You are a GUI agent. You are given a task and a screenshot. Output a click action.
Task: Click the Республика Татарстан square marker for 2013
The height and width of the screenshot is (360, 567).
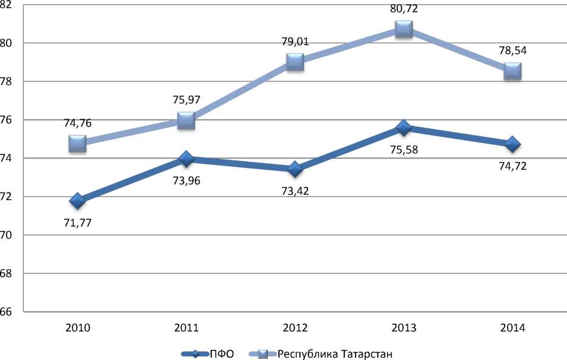click(x=404, y=29)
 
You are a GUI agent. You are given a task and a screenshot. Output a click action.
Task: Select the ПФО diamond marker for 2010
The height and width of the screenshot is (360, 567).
click(x=77, y=201)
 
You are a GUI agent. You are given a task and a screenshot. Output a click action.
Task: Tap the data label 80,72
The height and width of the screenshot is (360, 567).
click(x=404, y=8)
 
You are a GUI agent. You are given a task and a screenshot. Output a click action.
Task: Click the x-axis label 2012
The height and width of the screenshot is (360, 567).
click(x=295, y=328)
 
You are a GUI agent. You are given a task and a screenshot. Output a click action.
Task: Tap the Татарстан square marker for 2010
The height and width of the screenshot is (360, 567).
click(x=77, y=143)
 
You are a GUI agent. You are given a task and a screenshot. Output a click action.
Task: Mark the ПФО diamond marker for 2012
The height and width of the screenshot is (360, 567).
click(x=295, y=169)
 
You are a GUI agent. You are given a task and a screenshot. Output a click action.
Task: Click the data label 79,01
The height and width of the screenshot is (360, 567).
click(x=295, y=42)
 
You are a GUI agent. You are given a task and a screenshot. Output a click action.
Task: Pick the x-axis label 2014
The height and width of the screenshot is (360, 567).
click(x=512, y=328)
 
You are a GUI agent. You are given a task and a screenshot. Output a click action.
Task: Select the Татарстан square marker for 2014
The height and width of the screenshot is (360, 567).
click(x=512, y=71)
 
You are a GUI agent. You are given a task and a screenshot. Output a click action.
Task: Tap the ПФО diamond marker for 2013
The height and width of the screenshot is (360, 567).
click(x=404, y=128)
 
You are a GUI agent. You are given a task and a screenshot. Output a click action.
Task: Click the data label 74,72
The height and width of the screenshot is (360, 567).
click(x=512, y=166)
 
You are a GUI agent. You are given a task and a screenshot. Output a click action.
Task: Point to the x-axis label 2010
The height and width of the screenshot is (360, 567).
click(x=77, y=328)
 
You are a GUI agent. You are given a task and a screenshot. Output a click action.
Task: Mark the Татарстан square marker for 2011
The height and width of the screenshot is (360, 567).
click(x=186, y=121)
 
